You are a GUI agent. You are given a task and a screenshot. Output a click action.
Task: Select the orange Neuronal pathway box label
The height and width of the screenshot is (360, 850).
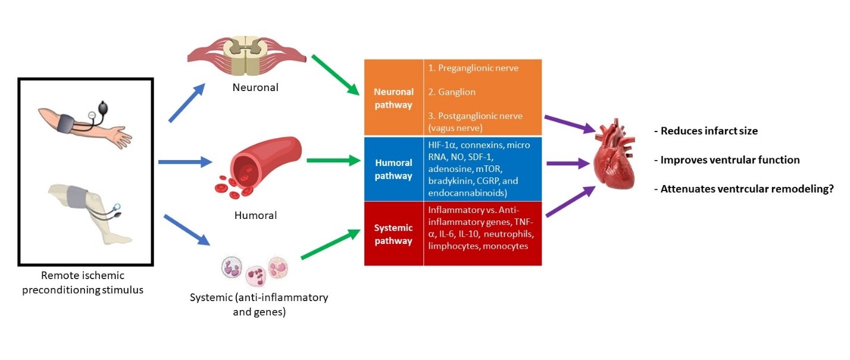point(393,98)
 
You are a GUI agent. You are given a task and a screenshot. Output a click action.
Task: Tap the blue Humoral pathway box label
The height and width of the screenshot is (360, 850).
point(393,170)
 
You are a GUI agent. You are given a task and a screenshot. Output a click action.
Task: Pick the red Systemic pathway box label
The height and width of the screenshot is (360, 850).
point(393,234)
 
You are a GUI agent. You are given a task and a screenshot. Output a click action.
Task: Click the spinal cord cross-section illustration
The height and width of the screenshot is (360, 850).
point(247,54)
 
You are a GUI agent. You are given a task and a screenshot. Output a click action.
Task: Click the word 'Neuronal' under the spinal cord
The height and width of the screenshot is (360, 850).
point(255,88)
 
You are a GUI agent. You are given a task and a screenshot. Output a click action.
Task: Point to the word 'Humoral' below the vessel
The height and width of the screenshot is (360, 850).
point(255,215)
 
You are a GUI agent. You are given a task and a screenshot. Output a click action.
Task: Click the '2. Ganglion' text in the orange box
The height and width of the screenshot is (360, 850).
point(452,92)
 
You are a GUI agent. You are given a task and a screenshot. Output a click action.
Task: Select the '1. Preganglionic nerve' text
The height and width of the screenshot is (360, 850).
point(473,68)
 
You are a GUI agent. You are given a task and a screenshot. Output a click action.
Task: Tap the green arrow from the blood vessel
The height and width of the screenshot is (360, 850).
point(334,161)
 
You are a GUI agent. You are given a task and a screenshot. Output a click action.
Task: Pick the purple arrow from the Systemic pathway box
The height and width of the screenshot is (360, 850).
point(570,202)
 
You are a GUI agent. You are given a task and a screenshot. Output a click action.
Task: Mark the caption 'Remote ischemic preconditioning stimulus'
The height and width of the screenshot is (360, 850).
point(86,283)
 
